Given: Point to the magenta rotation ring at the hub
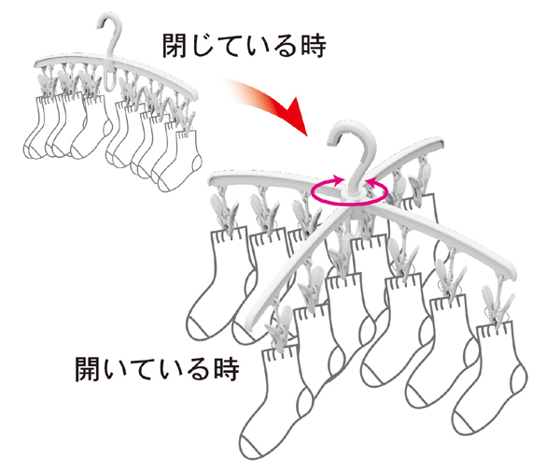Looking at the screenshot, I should (x=349, y=192).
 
